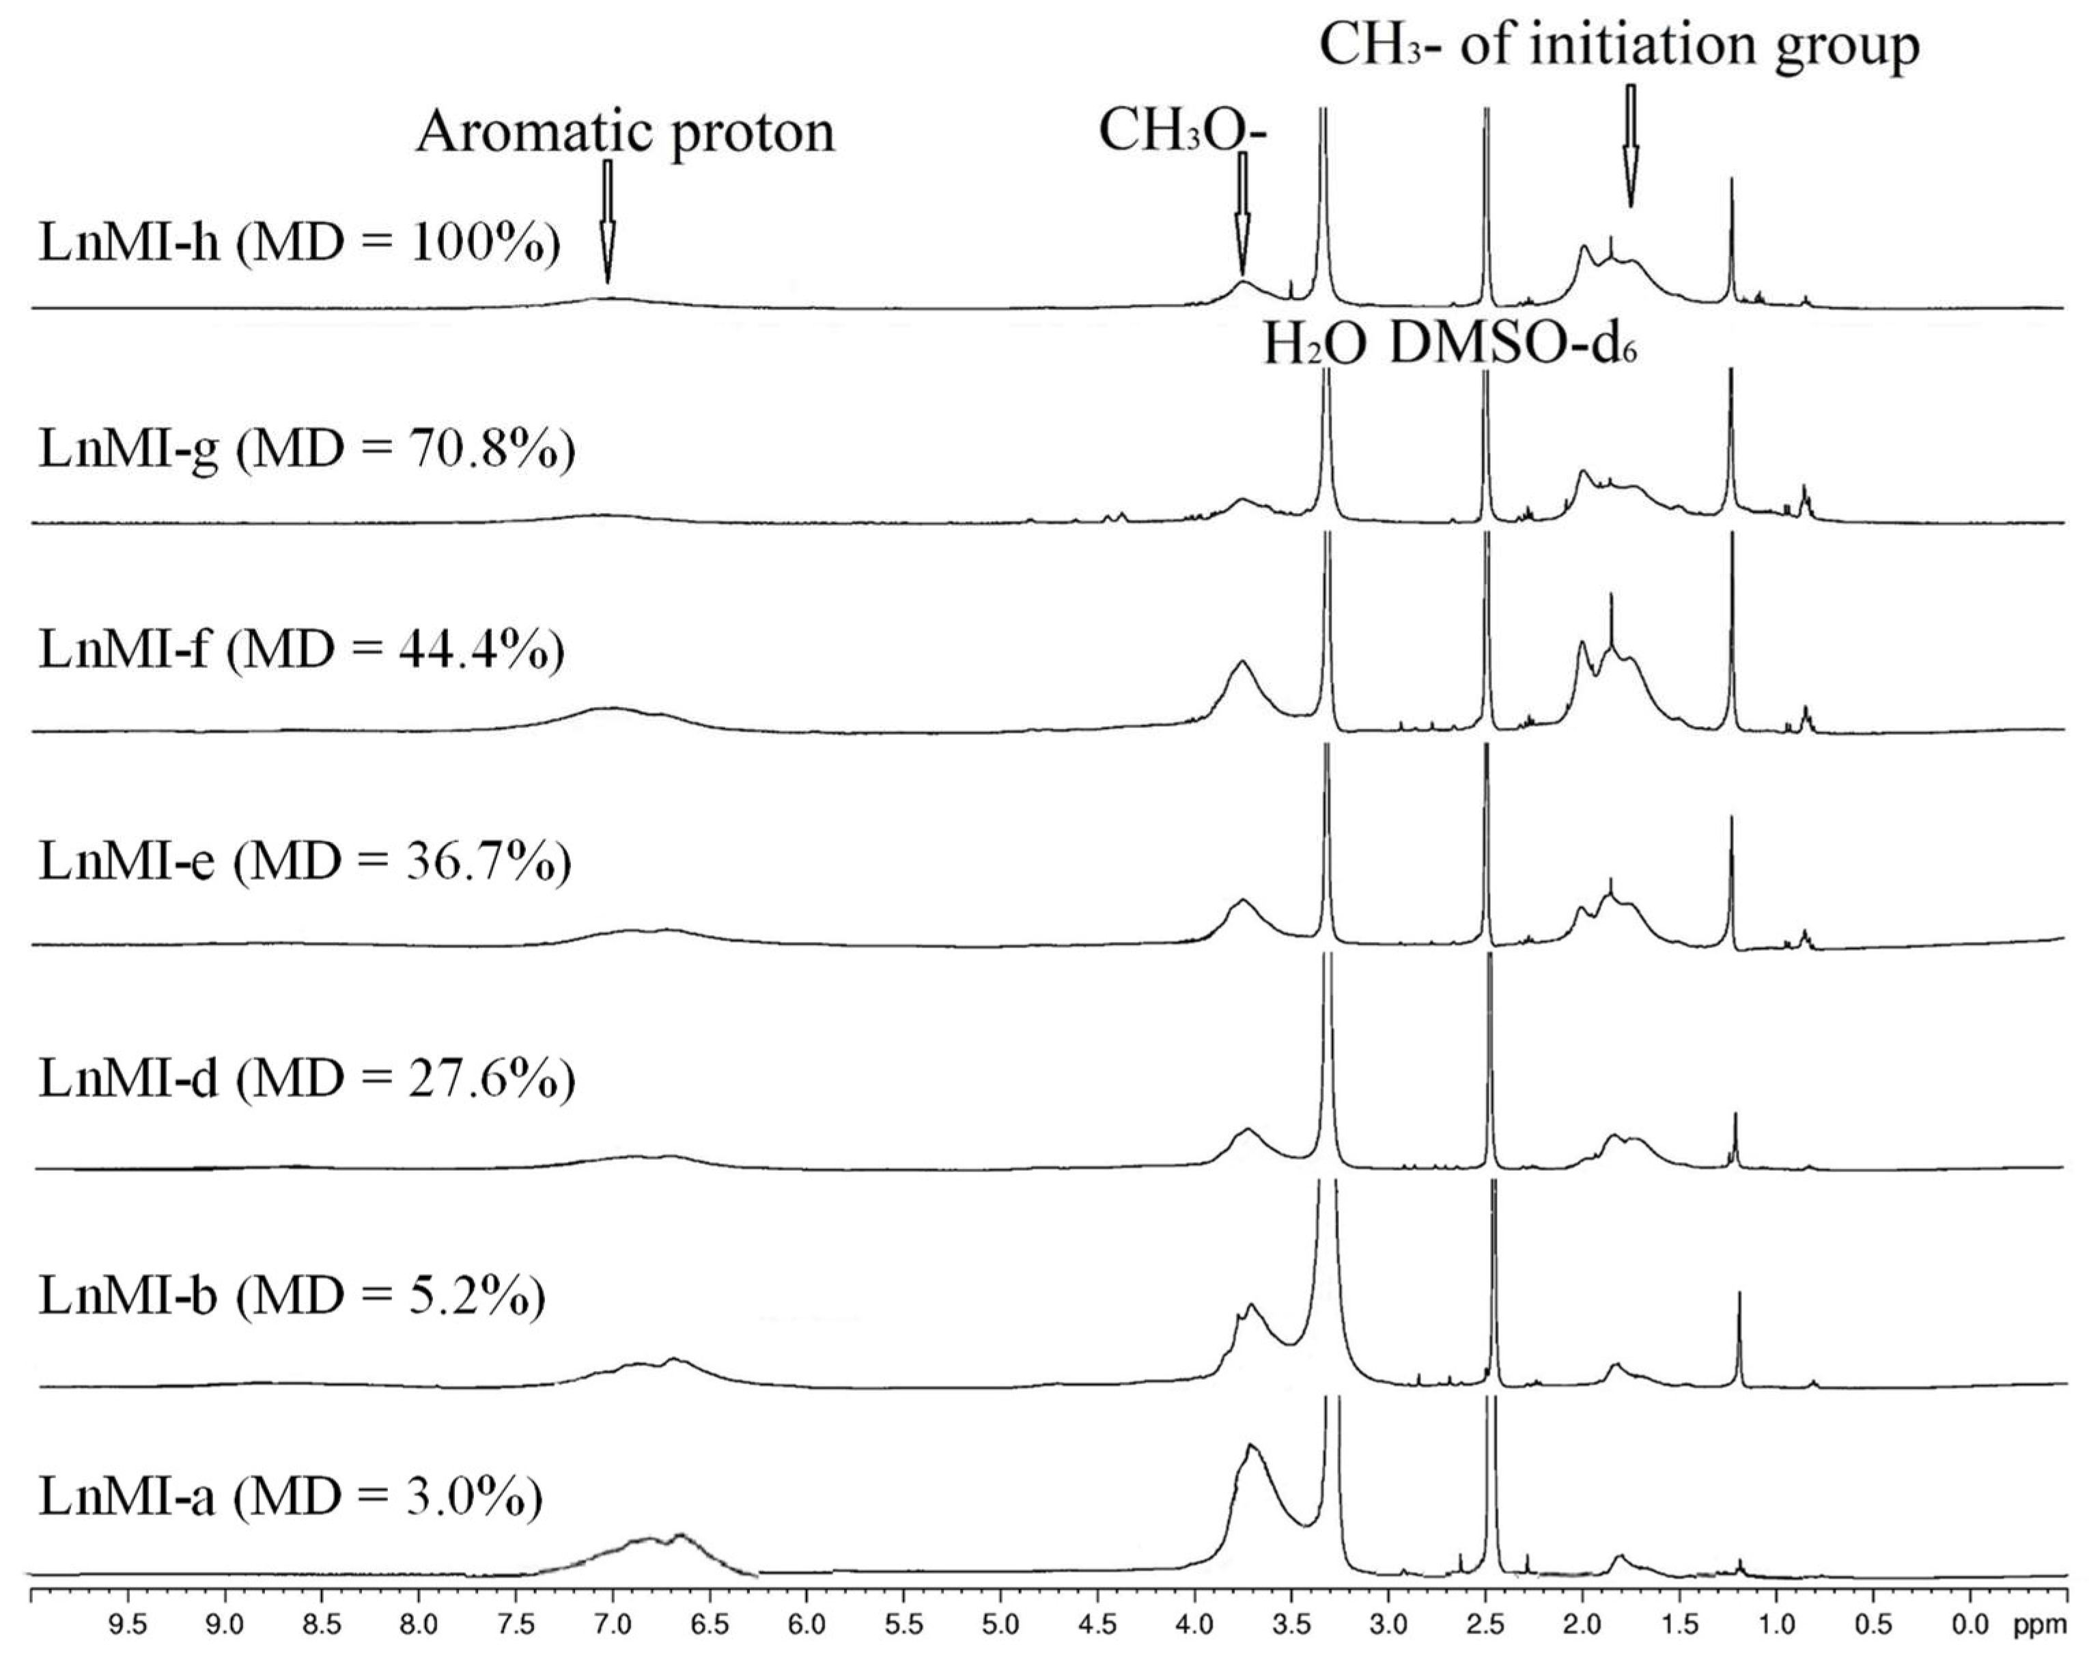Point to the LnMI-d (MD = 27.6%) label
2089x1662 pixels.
coord(306,1079)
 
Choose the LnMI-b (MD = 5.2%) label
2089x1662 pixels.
coord(292,1297)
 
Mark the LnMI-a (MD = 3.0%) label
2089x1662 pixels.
coord(290,1498)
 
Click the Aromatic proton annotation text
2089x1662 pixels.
coord(625,132)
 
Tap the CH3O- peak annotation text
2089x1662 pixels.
coord(1182,132)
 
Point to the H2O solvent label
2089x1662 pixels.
coord(1315,345)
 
